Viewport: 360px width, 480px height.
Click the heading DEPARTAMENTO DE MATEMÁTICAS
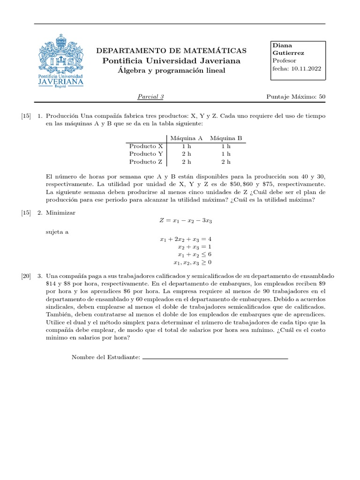point(172,51)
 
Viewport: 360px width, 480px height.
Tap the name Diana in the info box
point(282,45)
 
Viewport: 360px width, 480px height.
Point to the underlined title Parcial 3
point(150,97)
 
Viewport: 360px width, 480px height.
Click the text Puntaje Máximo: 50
point(295,97)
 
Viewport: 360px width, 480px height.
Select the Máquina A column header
point(186,138)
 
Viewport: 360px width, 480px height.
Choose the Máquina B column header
point(226,138)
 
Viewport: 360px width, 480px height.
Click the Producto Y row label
point(146,154)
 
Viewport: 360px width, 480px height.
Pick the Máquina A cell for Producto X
point(187,146)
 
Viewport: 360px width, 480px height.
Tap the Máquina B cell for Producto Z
point(226,162)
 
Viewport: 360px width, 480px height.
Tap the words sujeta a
point(57,232)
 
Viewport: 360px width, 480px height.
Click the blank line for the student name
point(215,359)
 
